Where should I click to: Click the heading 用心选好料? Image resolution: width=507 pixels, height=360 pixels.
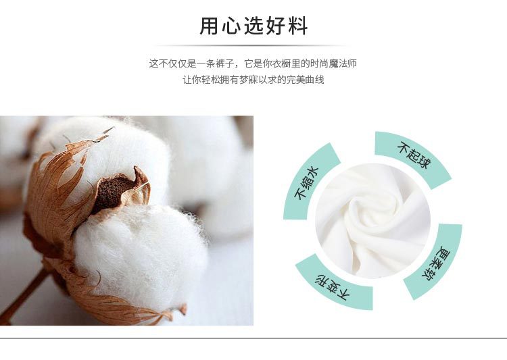point(254,26)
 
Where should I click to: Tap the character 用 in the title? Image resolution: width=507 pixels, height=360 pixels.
point(209,26)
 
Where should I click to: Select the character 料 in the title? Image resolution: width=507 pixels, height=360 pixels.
point(298,26)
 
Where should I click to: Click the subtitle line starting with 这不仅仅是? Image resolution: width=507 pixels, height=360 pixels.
point(253,63)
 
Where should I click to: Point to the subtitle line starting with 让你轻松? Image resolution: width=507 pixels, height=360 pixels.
point(254,80)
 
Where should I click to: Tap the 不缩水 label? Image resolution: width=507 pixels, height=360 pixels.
point(306,183)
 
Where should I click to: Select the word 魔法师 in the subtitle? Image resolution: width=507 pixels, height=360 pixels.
point(343,63)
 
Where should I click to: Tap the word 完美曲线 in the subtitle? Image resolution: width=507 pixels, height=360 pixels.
point(306,80)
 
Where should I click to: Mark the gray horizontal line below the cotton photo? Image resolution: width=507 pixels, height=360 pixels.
point(254,338)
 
